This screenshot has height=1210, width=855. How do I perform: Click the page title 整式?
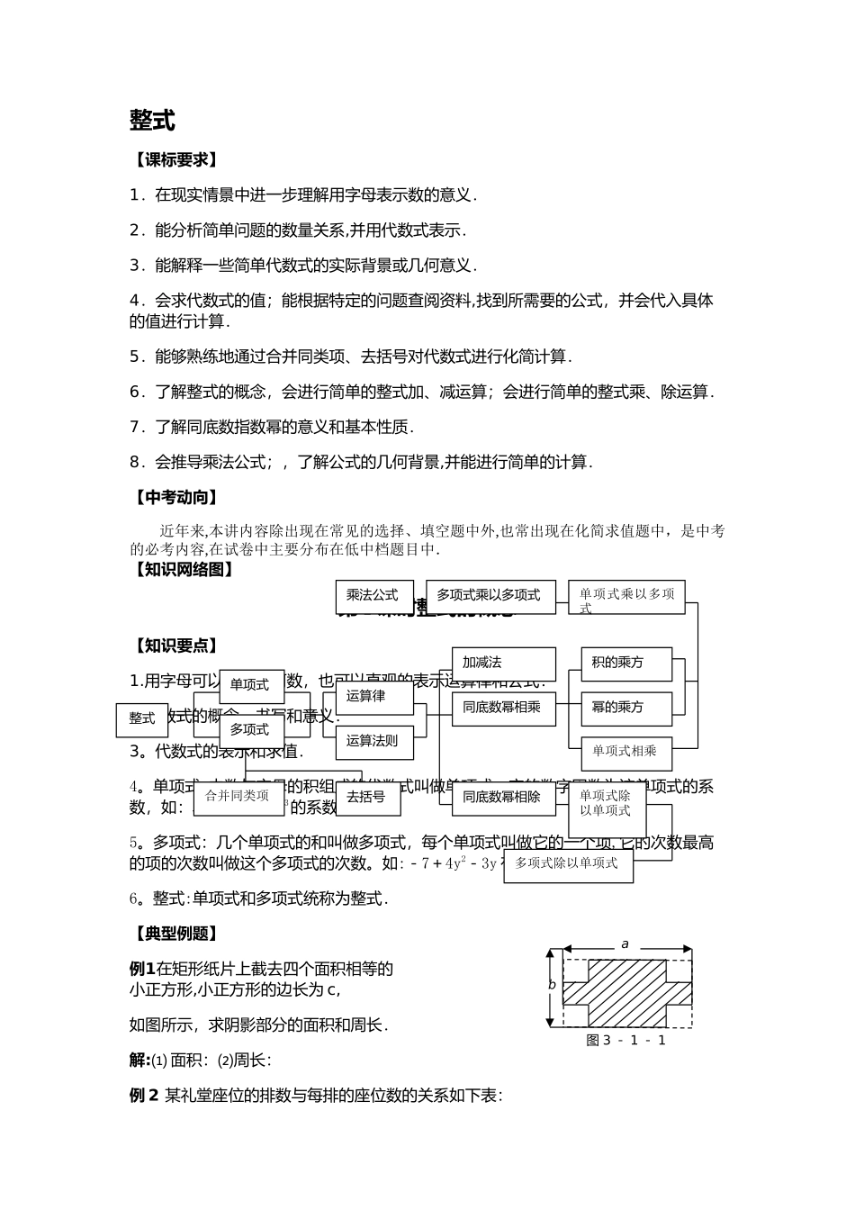click(152, 121)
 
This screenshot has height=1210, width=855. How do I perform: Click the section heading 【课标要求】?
click(175, 160)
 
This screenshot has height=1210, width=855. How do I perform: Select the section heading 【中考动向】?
click(175, 498)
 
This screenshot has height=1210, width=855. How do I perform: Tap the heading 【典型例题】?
click(175, 934)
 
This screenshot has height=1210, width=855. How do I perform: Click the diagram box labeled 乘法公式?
click(373, 596)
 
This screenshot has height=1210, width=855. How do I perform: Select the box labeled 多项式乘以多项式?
click(490, 596)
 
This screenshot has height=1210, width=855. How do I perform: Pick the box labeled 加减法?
click(502, 664)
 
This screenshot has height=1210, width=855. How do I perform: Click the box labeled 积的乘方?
click(625, 664)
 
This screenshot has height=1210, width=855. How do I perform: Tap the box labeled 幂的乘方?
click(625, 709)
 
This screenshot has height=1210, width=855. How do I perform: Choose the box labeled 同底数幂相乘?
click(502, 709)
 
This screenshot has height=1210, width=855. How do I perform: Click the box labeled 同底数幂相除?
click(502, 797)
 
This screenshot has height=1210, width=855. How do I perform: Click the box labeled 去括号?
click(366, 798)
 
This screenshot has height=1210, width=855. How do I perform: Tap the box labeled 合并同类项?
click(238, 797)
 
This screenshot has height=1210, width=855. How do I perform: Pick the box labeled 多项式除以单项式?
click(567, 864)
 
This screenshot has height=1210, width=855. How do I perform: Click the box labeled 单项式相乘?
click(625, 751)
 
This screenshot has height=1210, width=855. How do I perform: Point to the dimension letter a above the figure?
click(625, 944)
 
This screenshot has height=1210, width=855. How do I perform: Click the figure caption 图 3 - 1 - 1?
click(626, 1041)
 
